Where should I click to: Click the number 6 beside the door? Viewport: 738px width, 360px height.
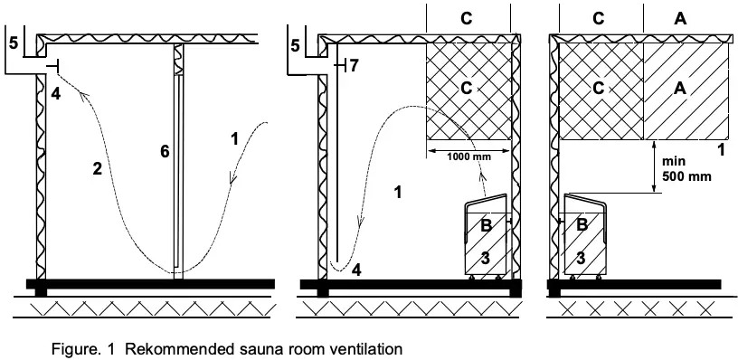coord(165,151)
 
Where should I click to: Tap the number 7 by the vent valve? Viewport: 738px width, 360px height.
coord(354,65)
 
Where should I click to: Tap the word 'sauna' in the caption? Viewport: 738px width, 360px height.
coord(255,347)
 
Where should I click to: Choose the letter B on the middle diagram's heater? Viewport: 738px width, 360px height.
coord(486,225)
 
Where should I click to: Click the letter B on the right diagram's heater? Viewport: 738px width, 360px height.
coord(582,223)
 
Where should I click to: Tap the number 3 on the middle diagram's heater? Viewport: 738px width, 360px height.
coord(486,259)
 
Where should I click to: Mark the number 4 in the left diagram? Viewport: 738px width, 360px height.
coord(55,93)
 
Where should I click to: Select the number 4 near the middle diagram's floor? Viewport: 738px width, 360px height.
coord(356,269)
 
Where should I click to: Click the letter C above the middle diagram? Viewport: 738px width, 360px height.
coord(466,16)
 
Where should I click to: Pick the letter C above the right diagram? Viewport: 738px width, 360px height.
coord(599,16)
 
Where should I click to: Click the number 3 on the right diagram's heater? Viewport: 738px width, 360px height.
coord(582,258)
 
